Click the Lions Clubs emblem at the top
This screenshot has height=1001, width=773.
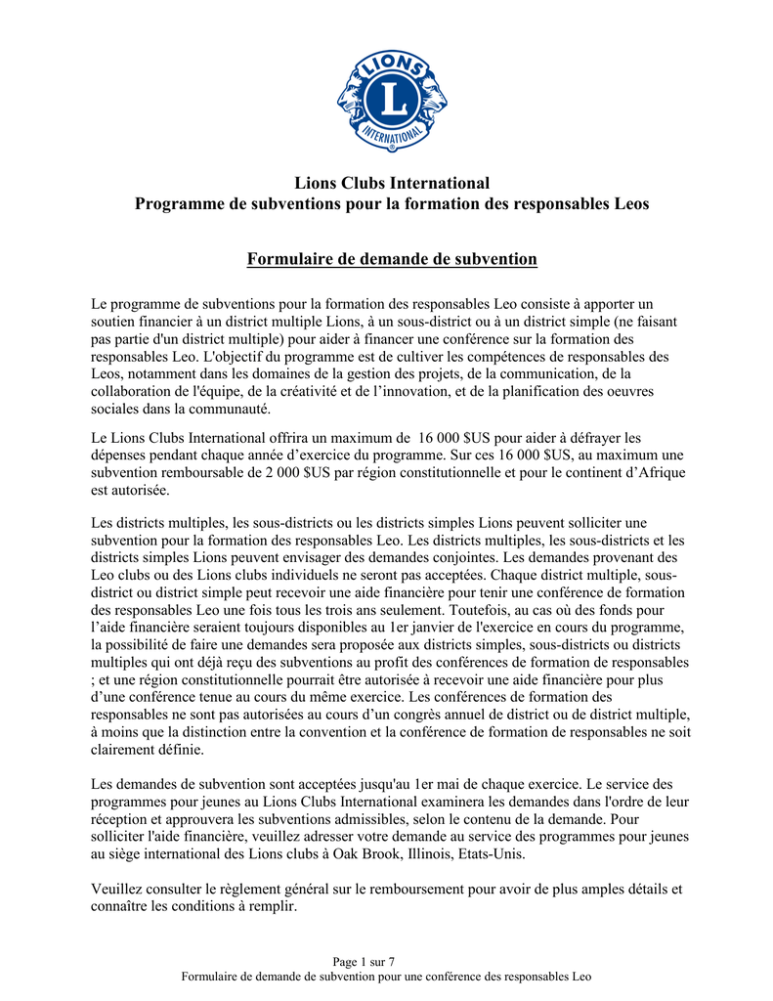(392, 101)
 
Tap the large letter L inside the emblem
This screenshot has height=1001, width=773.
(393, 98)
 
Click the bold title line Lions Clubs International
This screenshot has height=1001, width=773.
(391, 183)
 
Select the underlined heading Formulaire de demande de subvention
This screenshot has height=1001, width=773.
(391, 259)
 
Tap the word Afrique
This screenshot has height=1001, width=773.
(661, 473)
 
